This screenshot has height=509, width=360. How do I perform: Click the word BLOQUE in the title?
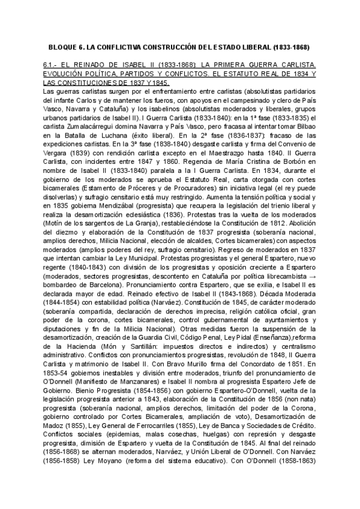click(61, 46)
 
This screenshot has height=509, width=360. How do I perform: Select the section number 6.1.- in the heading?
click(52, 64)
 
